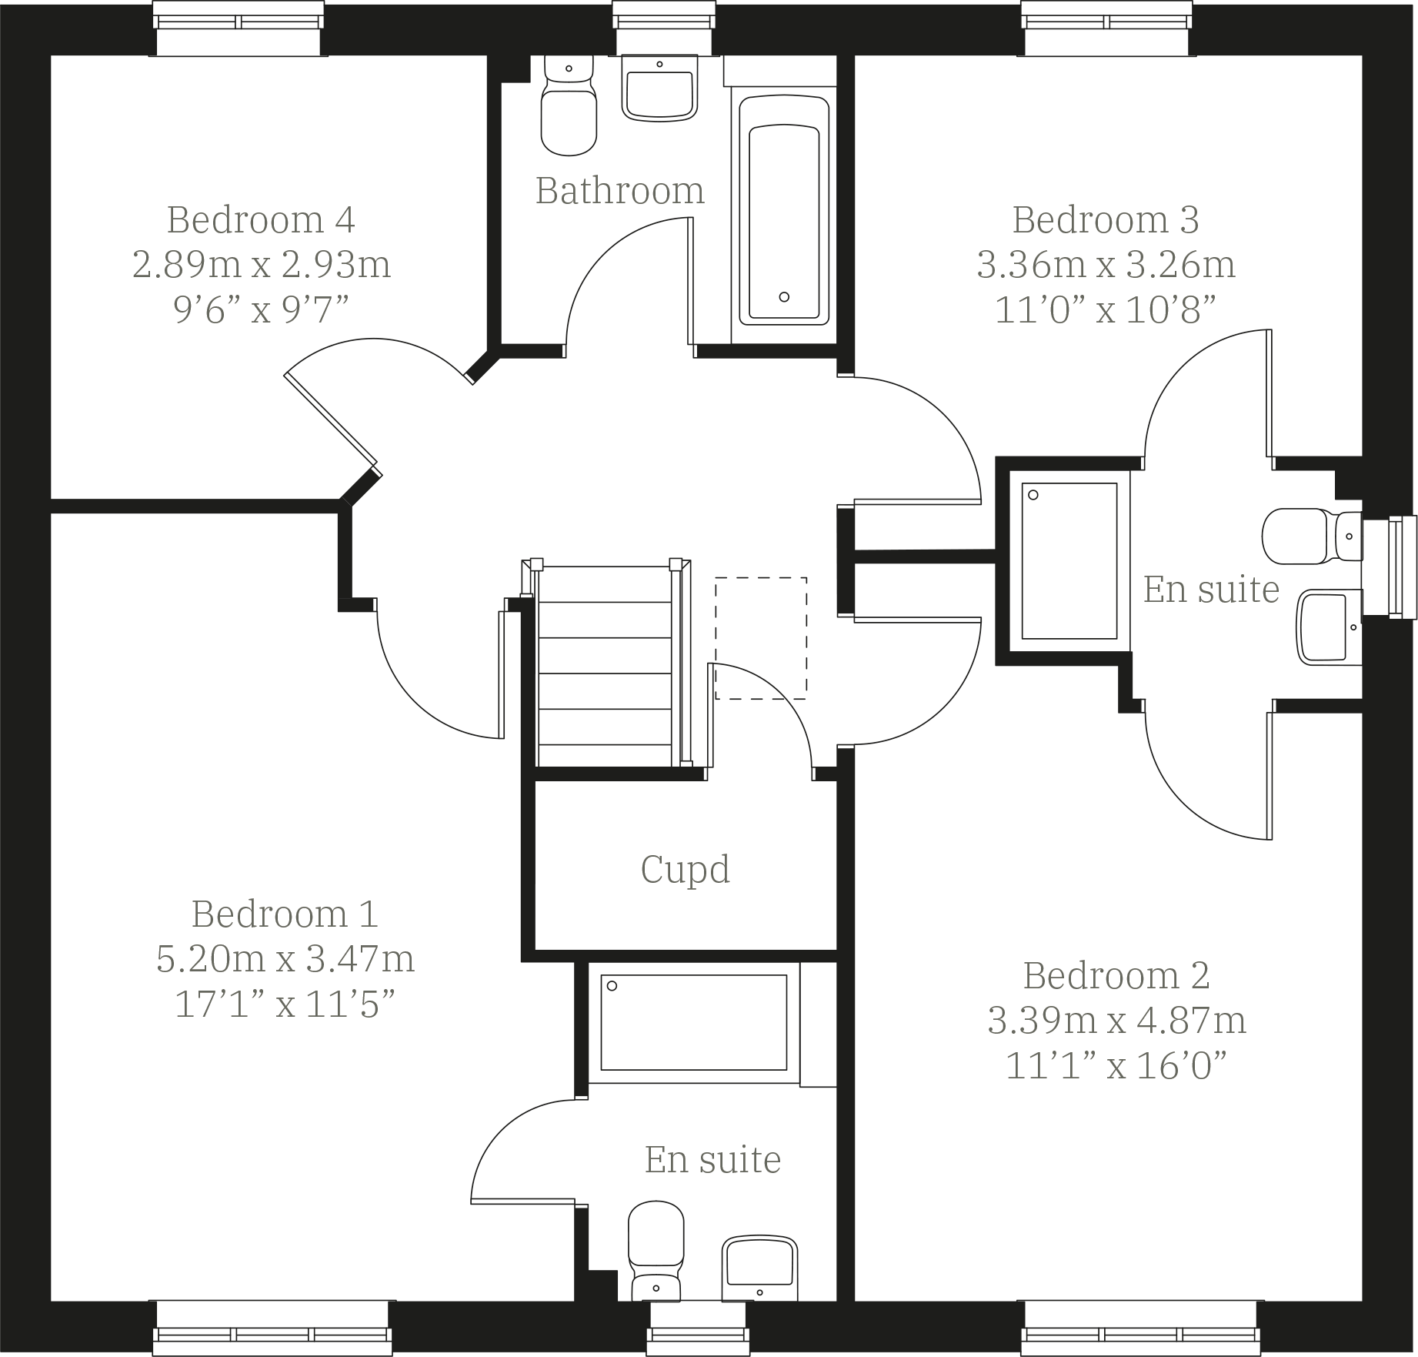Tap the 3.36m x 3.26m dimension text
point(1106,265)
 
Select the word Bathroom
point(619,191)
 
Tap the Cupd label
point(685,870)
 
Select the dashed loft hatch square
point(761,638)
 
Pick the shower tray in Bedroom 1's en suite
point(693,1022)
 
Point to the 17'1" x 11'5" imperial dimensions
point(285,1004)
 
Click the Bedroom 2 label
point(1116,976)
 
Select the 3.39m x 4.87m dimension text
point(1116,1021)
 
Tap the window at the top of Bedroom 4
point(238,28)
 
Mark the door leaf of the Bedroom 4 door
point(331,420)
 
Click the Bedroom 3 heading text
point(1106,220)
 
